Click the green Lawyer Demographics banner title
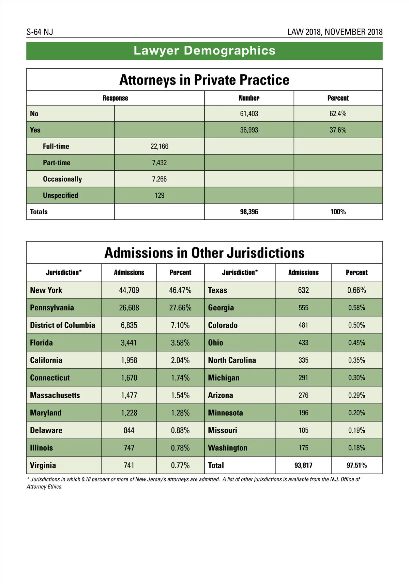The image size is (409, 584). click(204, 50)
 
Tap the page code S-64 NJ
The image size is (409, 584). click(40, 32)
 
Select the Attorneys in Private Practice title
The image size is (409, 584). click(204, 80)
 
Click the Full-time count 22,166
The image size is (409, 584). click(159, 146)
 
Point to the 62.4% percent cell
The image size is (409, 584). click(338, 113)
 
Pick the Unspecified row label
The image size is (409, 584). click(60, 195)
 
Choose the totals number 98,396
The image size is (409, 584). click(249, 212)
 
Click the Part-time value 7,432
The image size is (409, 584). click(159, 163)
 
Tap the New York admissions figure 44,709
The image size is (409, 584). click(129, 290)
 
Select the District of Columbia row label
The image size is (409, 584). click(62, 325)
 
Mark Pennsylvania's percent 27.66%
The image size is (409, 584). click(180, 308)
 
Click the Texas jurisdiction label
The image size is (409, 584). click(217, 290)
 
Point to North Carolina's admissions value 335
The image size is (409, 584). click(303, 360)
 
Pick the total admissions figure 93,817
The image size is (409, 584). click(303, 465)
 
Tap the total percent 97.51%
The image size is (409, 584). click(357, 465)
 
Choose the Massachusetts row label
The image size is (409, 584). click(55, 395)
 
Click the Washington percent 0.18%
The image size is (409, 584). click(357, 448)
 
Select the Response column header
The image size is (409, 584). click(115, 98)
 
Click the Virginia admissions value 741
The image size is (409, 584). click(129, 465)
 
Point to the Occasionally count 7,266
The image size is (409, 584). click(159, 179)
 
